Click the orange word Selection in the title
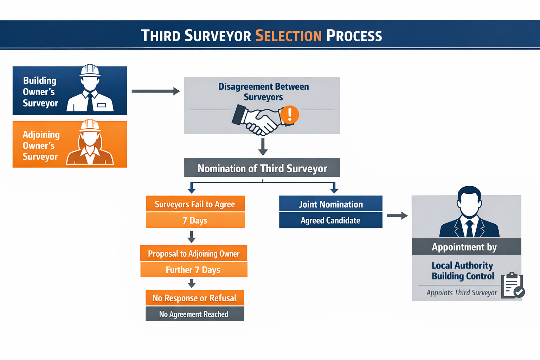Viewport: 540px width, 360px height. coord(288,36)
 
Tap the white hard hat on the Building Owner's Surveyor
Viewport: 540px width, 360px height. coord(90,70)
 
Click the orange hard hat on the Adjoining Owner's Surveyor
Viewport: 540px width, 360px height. coord(90,126)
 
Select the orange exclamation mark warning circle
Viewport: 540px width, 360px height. coord(290,115)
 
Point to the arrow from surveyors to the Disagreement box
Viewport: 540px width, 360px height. coord(155,91)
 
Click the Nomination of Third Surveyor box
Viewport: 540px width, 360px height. coord(262,168)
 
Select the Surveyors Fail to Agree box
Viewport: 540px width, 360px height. coord(195,204)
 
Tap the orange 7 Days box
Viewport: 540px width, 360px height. coord(195,220)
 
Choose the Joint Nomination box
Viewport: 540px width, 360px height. coord(330,204)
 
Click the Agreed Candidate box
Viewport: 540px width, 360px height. coord(330,220)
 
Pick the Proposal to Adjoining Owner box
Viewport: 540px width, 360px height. coord(194,253)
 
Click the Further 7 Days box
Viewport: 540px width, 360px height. coord(194,270)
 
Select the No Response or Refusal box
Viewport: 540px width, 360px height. coord(195,298)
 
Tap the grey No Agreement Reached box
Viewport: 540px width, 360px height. coord(195,314)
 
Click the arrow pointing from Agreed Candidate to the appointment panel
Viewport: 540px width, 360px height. coord(397,216)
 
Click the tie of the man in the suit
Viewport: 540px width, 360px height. coord(469,229)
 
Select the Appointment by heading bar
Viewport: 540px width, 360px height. coord(466,247)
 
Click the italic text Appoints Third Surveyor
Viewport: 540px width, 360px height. coord(462,292)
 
